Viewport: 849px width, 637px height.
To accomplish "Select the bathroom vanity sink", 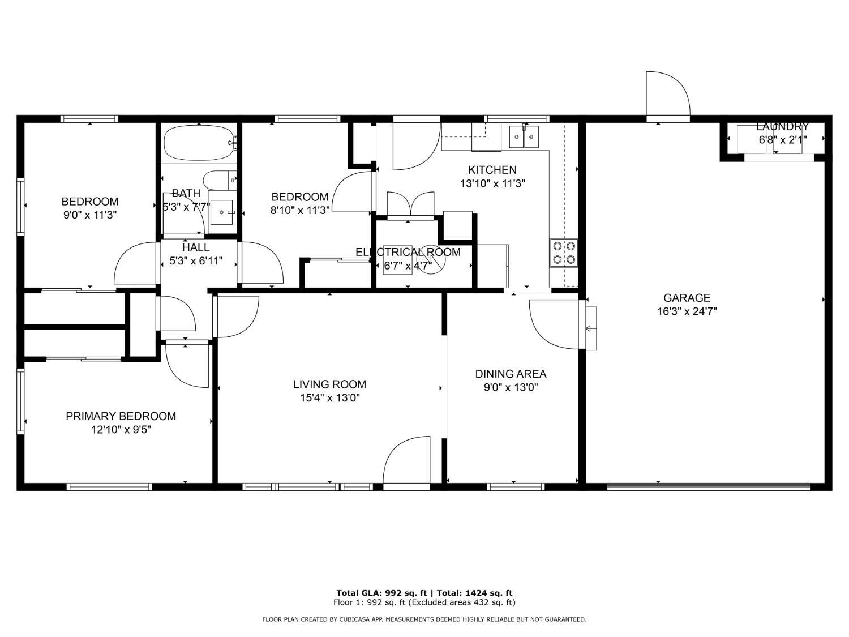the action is pyautogui.click(x=222, y=212).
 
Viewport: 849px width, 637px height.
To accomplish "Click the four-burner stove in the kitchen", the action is pyautogui.click(x=564, y=253).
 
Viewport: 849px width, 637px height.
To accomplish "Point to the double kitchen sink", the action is pyautogui.click(x=524, y=136).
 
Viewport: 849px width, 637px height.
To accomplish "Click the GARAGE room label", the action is pyautogui.click(x=687, y=298).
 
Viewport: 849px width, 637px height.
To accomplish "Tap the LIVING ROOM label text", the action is pyautogui.click(x=329, y=384).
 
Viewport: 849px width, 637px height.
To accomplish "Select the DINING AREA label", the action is pyautogui.click(x=511, y=374).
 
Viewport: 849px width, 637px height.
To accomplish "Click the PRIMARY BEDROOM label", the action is pyautogui.click(x=121, y=416).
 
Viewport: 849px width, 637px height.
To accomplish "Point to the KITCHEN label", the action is pyautogui.click(x=492, y=170).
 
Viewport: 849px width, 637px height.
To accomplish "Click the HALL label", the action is pyautogui.click(x=196, y=247).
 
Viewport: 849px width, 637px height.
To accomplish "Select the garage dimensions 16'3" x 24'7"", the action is pyautogui.click(x=687, y=311).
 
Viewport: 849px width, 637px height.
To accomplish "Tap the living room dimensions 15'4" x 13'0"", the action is pyautogui.click(x=330, y=398).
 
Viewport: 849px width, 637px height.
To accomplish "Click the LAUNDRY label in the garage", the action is pyautogui.click(x=782, y=126).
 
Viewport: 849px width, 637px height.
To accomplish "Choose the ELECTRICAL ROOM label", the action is pyautogui.click(x=408, y=252).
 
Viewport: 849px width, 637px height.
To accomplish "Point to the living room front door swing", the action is pyautogui.click(x=406, y=461).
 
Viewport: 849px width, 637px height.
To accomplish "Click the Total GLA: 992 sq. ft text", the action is pyautogui.click(x=381, y=593).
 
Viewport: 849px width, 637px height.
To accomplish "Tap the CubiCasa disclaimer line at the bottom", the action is pyautogui.click(x=424, y=619).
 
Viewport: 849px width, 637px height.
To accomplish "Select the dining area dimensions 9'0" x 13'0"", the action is pyautogui.click(x=511, y=387).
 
